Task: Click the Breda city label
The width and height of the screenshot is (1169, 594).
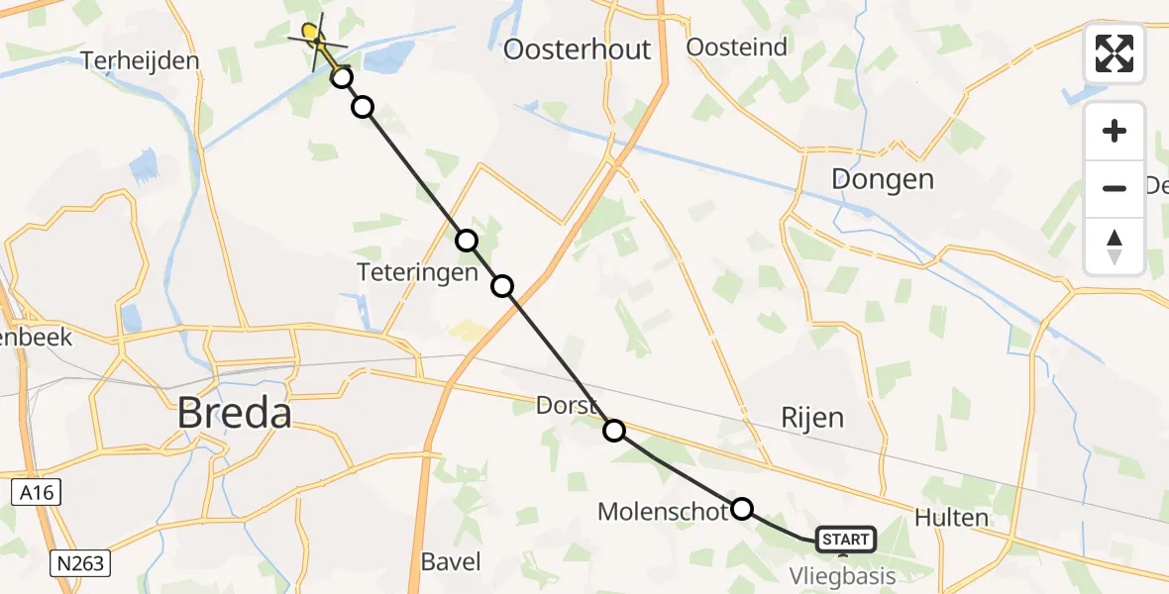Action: tap(234, 413)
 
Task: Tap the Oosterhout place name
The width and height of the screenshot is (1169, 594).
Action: tap(578, 49)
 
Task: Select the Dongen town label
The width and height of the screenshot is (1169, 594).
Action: tap(883, 179)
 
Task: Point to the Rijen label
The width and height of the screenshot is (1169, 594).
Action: tap(812, 417)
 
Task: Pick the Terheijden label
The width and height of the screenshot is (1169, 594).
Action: tap(140, 60)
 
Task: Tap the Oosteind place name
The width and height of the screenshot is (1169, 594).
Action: tap(737, 47)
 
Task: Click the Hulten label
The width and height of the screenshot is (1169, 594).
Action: tap(951, 517)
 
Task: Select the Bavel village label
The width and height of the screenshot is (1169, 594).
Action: tap(451, 561)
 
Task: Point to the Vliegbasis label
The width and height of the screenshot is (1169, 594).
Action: tap(842, 576)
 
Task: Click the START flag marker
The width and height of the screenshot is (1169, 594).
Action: tap(845, 540)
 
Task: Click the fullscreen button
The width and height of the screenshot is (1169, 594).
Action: tap(1115, 53)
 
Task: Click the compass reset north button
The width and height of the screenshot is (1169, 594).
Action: tap(1115, 245)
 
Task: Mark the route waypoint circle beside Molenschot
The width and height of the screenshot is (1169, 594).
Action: tap(742, 509)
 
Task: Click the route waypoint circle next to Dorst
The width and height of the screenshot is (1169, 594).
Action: tap(614, 430)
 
